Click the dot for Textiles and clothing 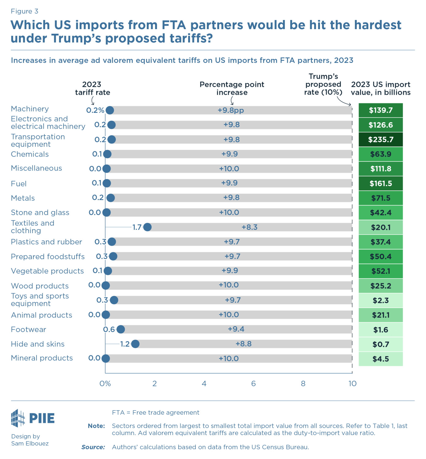click(x=147, y=227)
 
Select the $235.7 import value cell click(x=381, y=140)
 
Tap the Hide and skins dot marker click(x=135, y=344)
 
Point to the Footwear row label click(x=29, y=330)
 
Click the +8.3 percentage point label click(x=249, y=227)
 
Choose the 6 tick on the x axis click(x=253, y=384)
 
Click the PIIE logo click(x=33, y=418)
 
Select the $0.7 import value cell click(x=381, y=345)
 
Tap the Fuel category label click(x=19, y=184)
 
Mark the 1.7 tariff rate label click(x=137, y=227)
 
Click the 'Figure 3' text click(x=25, y=11)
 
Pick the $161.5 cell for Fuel click(x=381, y=183)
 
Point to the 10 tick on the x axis click(x=352, y=384)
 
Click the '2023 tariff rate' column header click(x=92, y=88)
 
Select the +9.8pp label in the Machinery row click(x=231, y=110)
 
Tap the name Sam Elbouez click(x=30, y=443)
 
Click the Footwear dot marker click(x=121, y=330)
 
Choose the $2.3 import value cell click(x=381, y=301)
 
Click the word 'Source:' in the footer click(x=93, y=447)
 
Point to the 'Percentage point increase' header click(x=232, y=88)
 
